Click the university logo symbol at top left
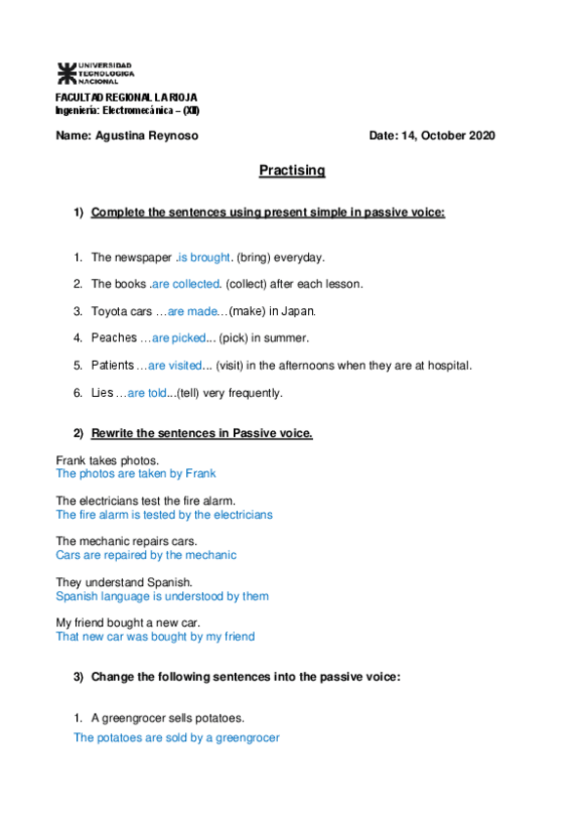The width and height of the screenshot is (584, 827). [65, 72]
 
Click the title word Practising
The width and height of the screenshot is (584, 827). [292, 171]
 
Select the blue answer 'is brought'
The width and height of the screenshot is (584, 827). [204, 257]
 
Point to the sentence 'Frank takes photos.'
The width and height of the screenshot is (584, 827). [107, 459]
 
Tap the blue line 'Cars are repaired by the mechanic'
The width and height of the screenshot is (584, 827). [146, 555]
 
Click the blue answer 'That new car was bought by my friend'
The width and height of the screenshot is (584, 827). [155, 636]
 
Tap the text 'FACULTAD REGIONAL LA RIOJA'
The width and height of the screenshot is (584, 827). [127, 98]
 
